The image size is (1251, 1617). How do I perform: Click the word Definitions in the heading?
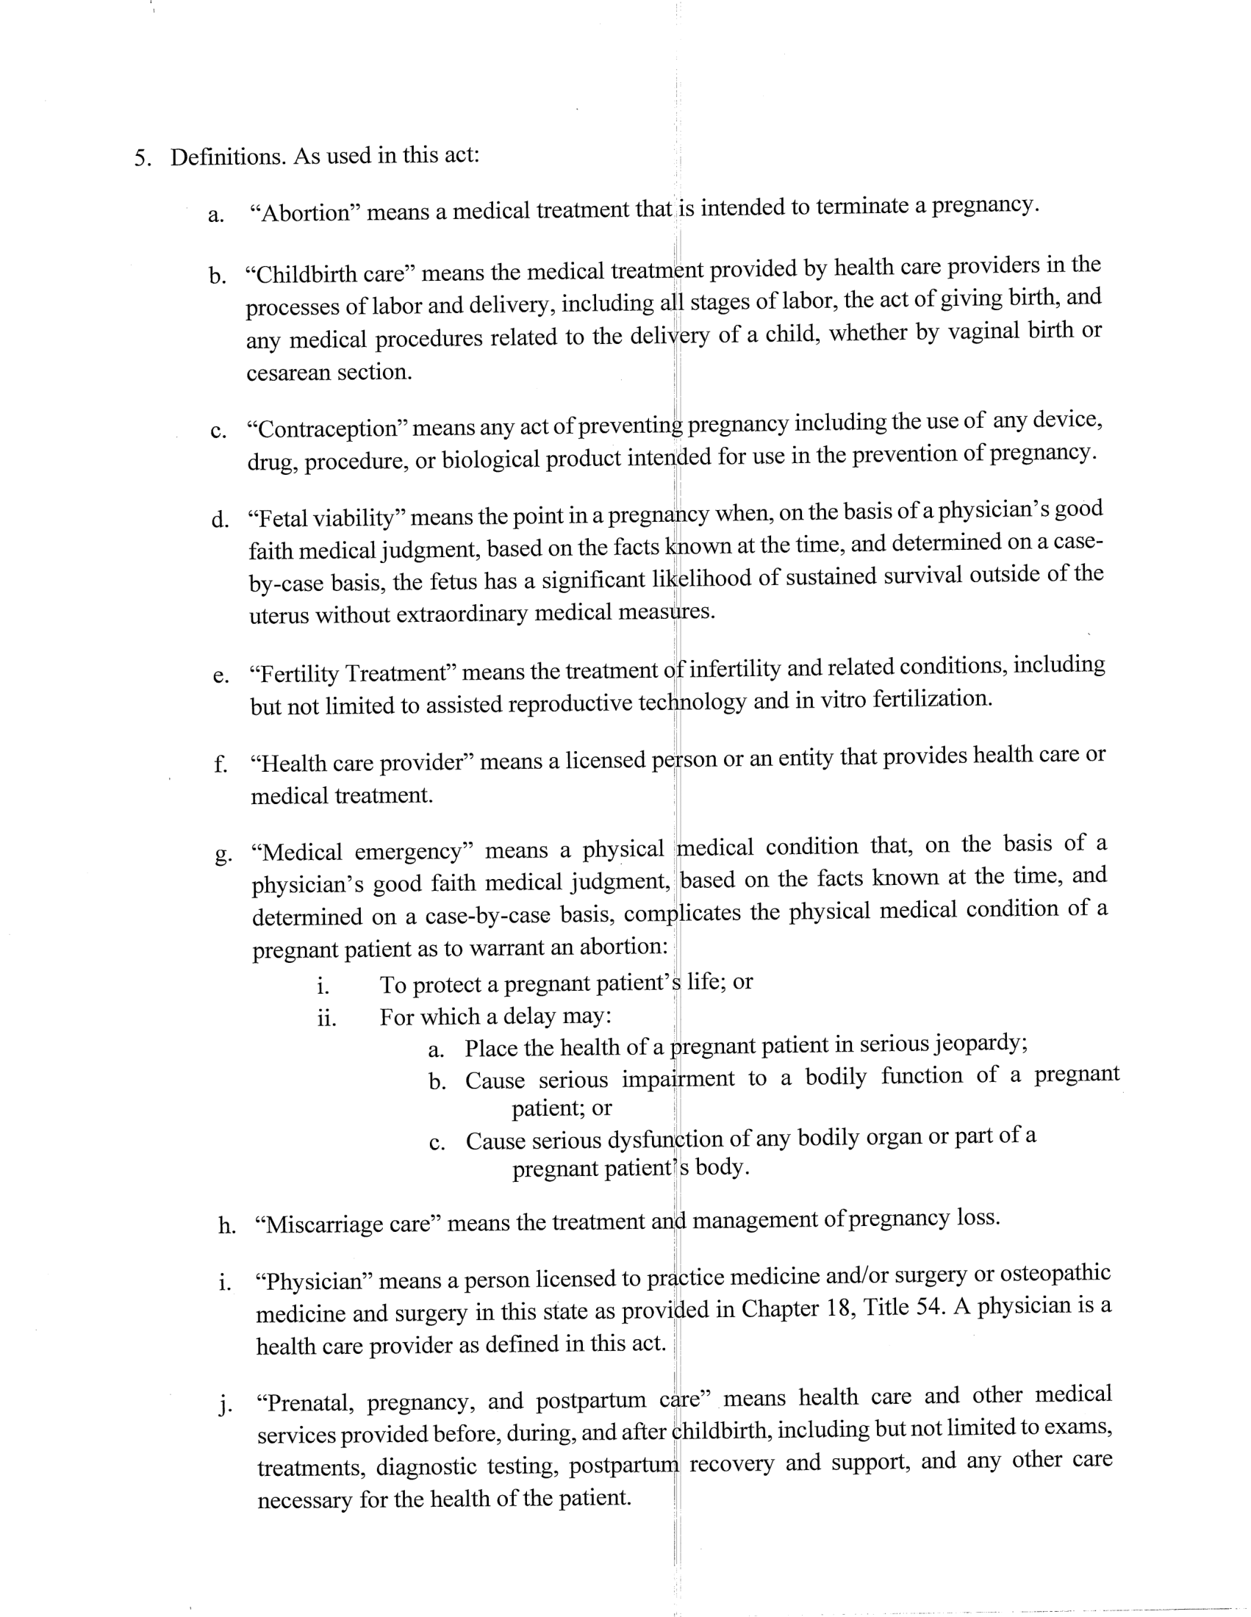227,158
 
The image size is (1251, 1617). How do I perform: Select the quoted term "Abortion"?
305,213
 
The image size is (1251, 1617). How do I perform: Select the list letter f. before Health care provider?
220,764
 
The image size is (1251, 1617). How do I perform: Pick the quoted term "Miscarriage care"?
347,1224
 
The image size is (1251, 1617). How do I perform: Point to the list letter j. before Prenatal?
223,1404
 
